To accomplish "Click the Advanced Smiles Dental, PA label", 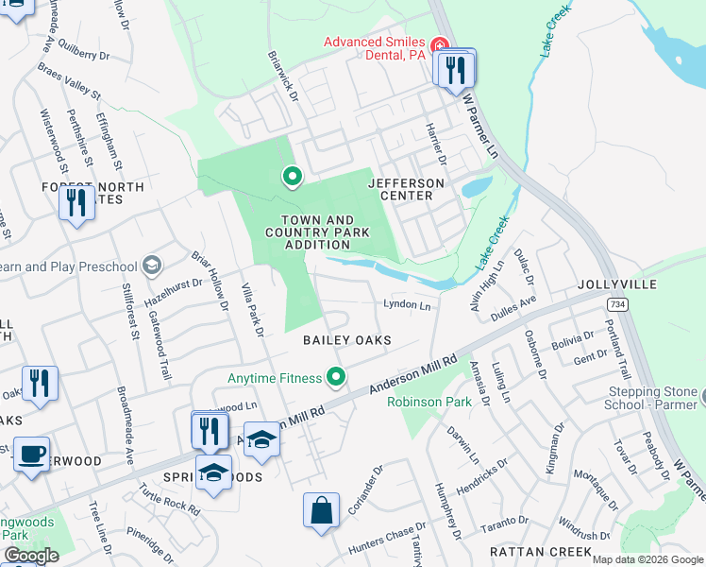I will (x=375, y=48).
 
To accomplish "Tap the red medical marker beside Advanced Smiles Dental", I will (x=438, y=45).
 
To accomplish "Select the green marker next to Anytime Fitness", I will (x=336, y=379).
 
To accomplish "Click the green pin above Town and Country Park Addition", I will (x=293, y=176).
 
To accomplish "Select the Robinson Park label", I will (x=429, y=402).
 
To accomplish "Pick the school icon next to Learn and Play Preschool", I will (x=153, y=266).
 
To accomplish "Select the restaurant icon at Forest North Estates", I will (x=76, y=201).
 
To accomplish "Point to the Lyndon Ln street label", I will (x=406, y=305).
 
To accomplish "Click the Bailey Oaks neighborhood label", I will (x=346, y=339).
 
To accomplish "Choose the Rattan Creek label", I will (x=541, y=551).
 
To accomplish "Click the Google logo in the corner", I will (x=30, y=556).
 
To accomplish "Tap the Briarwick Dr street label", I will (x=281, y=77).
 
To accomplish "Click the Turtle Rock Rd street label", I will (x=169, y=497).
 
